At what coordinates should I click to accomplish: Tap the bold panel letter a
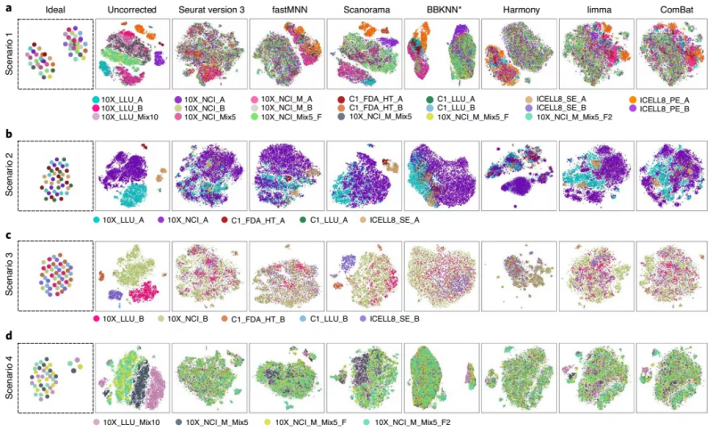6,8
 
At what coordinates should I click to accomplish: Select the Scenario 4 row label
7,371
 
